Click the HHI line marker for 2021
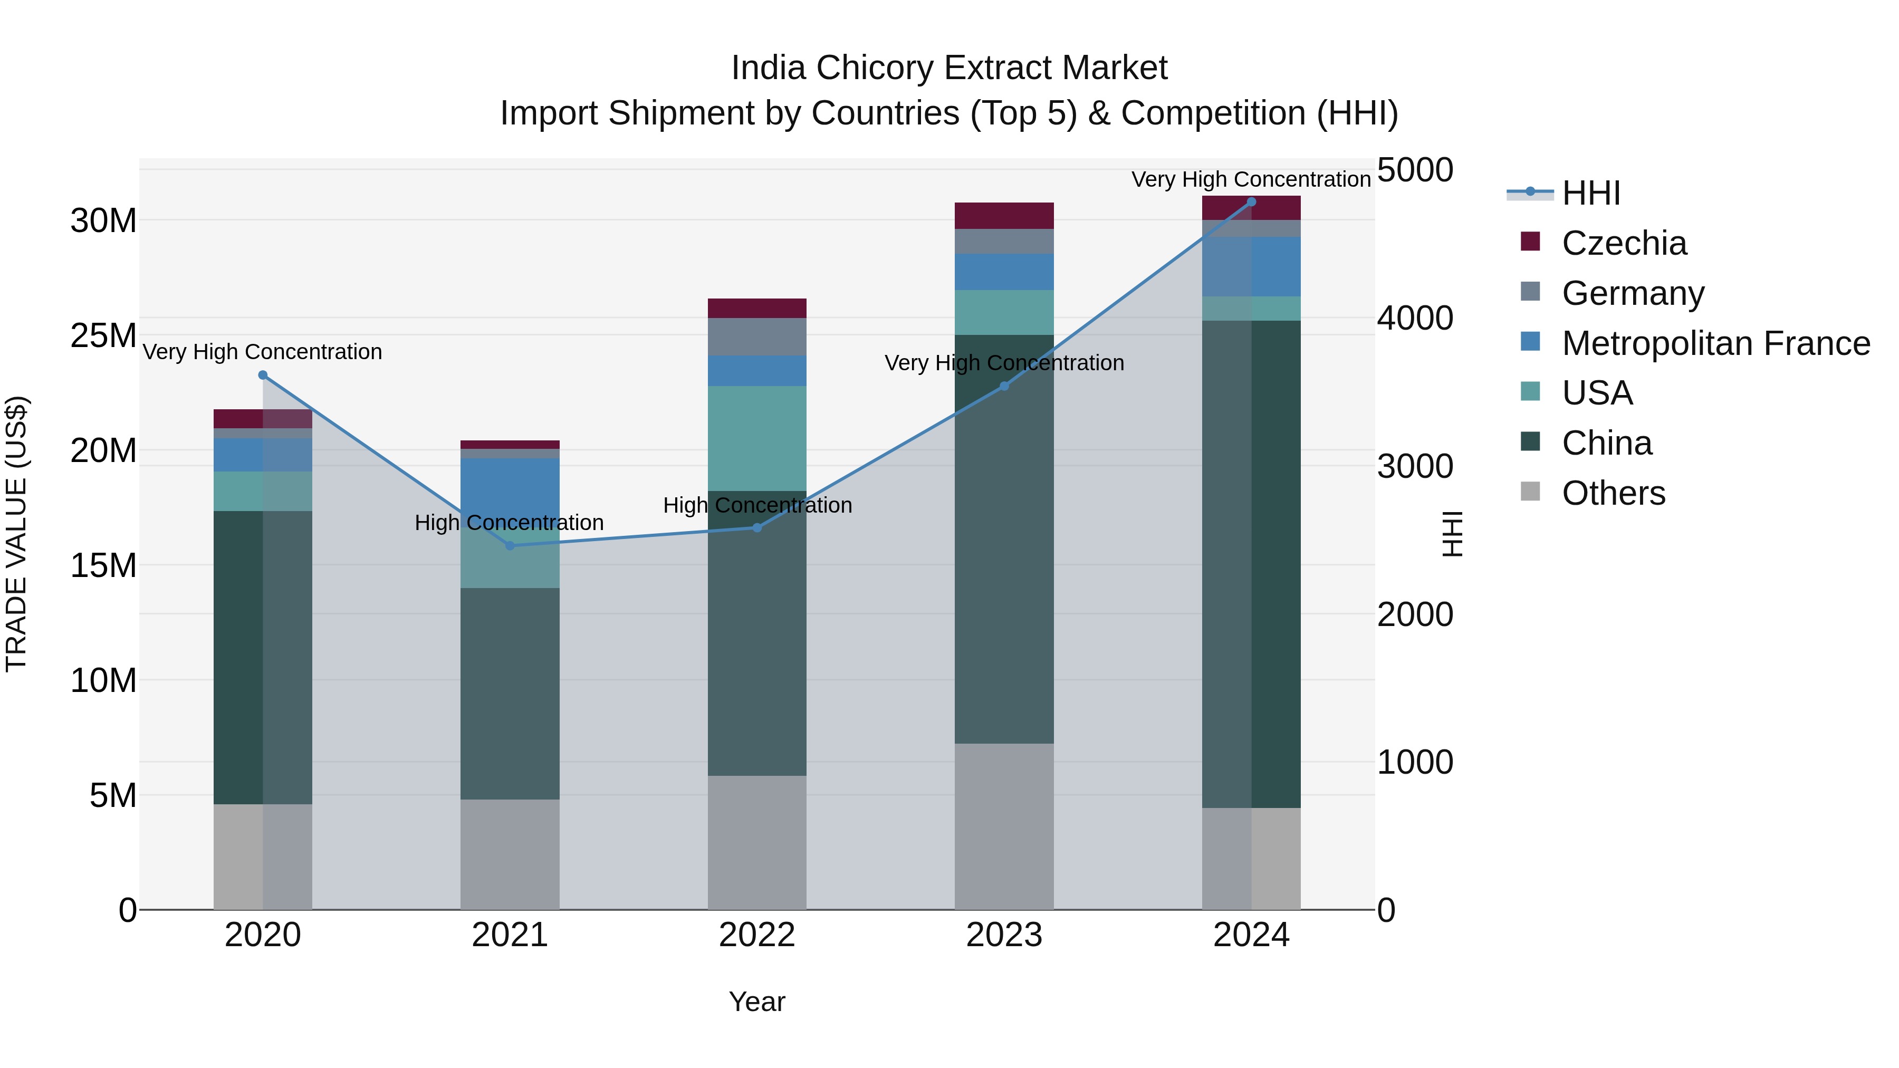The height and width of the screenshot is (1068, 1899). (x=510, y=545)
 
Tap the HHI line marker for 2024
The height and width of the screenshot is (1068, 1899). (x=1251, y=201)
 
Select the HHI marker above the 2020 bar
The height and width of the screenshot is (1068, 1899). (x=263, y=375)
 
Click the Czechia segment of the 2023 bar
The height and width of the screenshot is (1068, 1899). (x=1003, y=215)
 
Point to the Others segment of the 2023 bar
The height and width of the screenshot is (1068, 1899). (x=1003, y=825)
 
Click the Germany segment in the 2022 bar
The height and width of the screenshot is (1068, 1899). (x=756, y=337)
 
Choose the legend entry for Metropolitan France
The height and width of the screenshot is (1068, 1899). (x=1715, y=343)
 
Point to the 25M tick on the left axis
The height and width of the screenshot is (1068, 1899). (x=103, y=335)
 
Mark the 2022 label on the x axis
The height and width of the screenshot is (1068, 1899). (x=756, y=935)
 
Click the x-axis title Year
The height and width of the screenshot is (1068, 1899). (x=756, y=1002)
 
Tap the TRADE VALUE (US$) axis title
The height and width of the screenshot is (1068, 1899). (x=16, y=534)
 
